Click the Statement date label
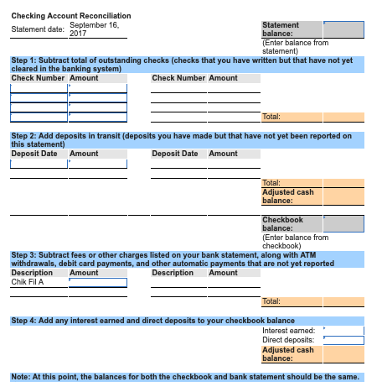(x=38, y=29)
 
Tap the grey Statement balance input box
(x=343, y=30)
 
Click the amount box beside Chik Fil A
(x=98, y=283)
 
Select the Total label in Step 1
(x=271, y=117)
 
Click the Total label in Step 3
(x=271, y=301)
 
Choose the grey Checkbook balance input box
(x=343, y=224)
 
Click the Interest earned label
(x=289, y=331)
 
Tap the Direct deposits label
(x=289, y=340)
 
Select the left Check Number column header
(x=38, y=78)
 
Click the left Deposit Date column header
(x=34, y=154)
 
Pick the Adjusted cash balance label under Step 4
(x=288, y=354)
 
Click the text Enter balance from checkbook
(x=296, y=242)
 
